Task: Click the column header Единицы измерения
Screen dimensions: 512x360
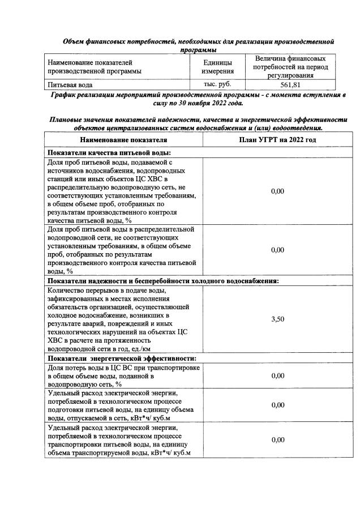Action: coord(217,67)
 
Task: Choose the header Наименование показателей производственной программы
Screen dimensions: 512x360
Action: coord(95,67)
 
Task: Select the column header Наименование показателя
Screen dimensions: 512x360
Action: coord(123,139)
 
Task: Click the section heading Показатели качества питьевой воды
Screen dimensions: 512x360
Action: coord(109,152)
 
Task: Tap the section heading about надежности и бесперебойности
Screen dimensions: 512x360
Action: coord(163,280)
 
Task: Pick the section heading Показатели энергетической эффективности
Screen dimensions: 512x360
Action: coord(122,358)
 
